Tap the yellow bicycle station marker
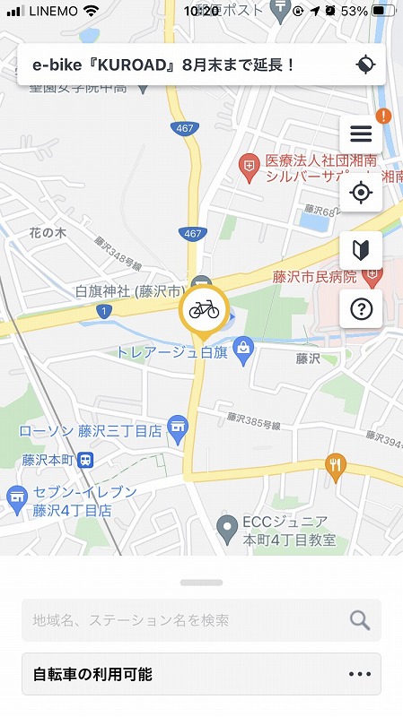204,310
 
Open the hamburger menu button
361,134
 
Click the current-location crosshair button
361,192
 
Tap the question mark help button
361,310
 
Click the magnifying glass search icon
360,619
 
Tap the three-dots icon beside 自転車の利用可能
359,675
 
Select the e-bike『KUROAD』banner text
163,65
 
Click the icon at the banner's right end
364,65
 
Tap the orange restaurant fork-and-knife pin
337,463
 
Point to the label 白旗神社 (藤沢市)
130,292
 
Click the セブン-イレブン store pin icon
16,496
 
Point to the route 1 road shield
106,311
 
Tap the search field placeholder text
131,619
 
